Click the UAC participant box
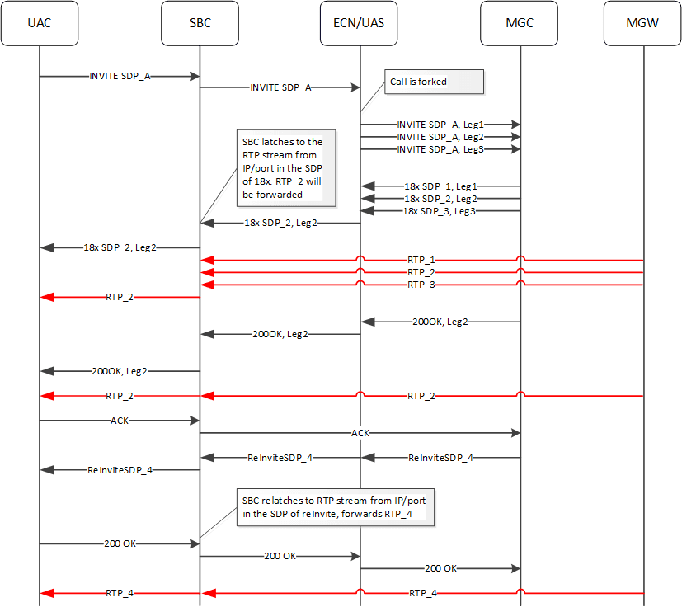coord(39,23)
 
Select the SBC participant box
coord(200,23)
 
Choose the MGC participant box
coord(520,23)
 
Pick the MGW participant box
coord(642,23)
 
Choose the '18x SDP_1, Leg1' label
coord(440,187)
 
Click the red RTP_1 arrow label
coord(421,260)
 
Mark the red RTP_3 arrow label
coord(421,285)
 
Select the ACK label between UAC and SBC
coord(120,421)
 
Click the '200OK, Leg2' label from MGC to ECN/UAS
coord(440,322)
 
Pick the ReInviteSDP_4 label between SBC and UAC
coord(120,470)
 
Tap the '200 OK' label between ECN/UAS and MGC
coord(440,568)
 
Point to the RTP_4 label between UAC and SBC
coord(120,593)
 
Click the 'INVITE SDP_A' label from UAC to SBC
coord(120,76)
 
